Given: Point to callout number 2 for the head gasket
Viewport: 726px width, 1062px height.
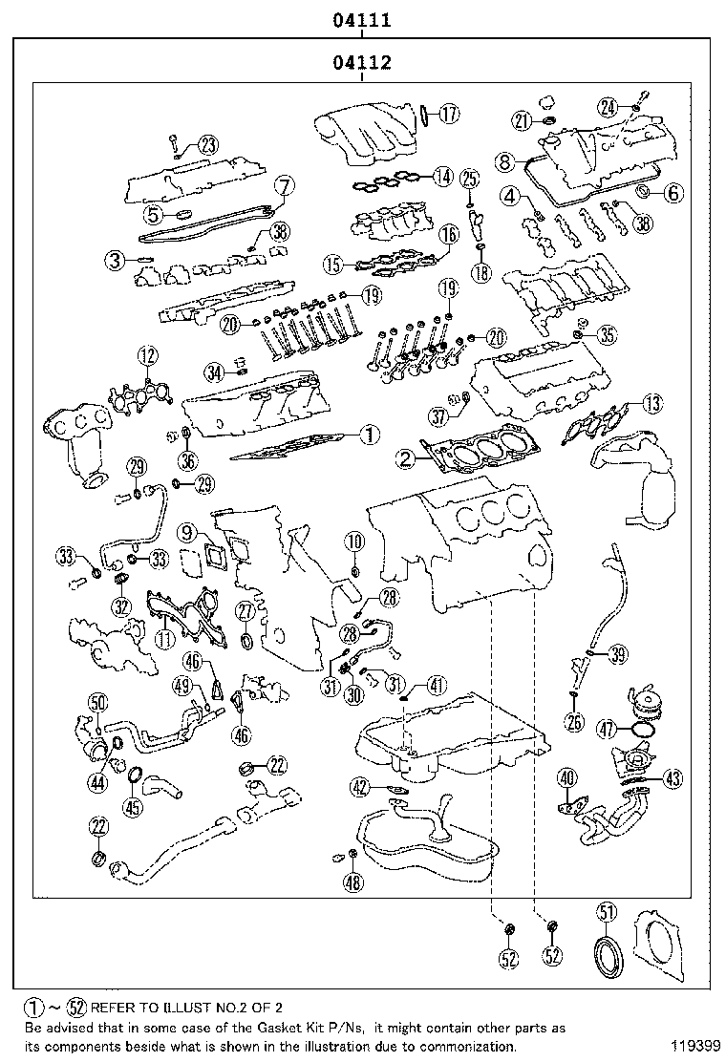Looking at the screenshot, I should point(408,459).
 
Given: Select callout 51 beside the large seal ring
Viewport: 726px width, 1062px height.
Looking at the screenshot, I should point(607,910).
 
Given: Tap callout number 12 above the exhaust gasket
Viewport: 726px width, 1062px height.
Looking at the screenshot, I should point(145,357).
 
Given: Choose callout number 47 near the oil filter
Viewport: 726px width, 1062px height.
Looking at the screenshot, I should point(606,729).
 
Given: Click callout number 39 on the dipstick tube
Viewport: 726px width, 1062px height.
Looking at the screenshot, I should point(618,654).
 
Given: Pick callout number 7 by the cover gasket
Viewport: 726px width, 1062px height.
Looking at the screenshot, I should point(283,186).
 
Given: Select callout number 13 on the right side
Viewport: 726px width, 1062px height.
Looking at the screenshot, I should point(651,403).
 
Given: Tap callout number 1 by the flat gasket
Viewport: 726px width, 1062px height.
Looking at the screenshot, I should point(369,435).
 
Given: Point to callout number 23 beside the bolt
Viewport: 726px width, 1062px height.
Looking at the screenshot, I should point(206,144).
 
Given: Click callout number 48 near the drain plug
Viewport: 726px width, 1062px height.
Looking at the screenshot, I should point(353,882).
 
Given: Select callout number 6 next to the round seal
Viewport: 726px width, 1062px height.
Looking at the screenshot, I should point(673,194).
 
